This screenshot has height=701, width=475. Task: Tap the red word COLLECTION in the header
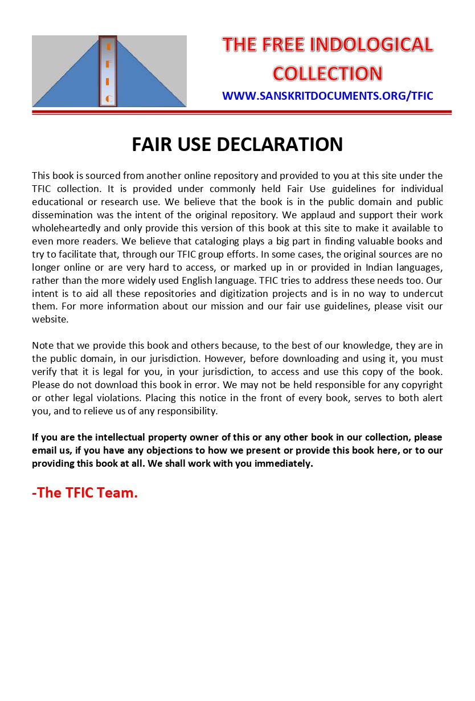pyautogui.click(x=327, y=74)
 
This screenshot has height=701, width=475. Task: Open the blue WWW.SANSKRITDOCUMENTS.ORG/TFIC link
pyautogui.click(x=327, y=96)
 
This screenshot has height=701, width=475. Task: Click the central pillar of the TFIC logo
pyautogui.click(x=108, y=71)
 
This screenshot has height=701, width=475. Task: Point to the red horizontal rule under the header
pyautogui.click(x=241, y=112)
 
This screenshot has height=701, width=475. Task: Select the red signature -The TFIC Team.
pyautogui.click(x=85, y=493)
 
